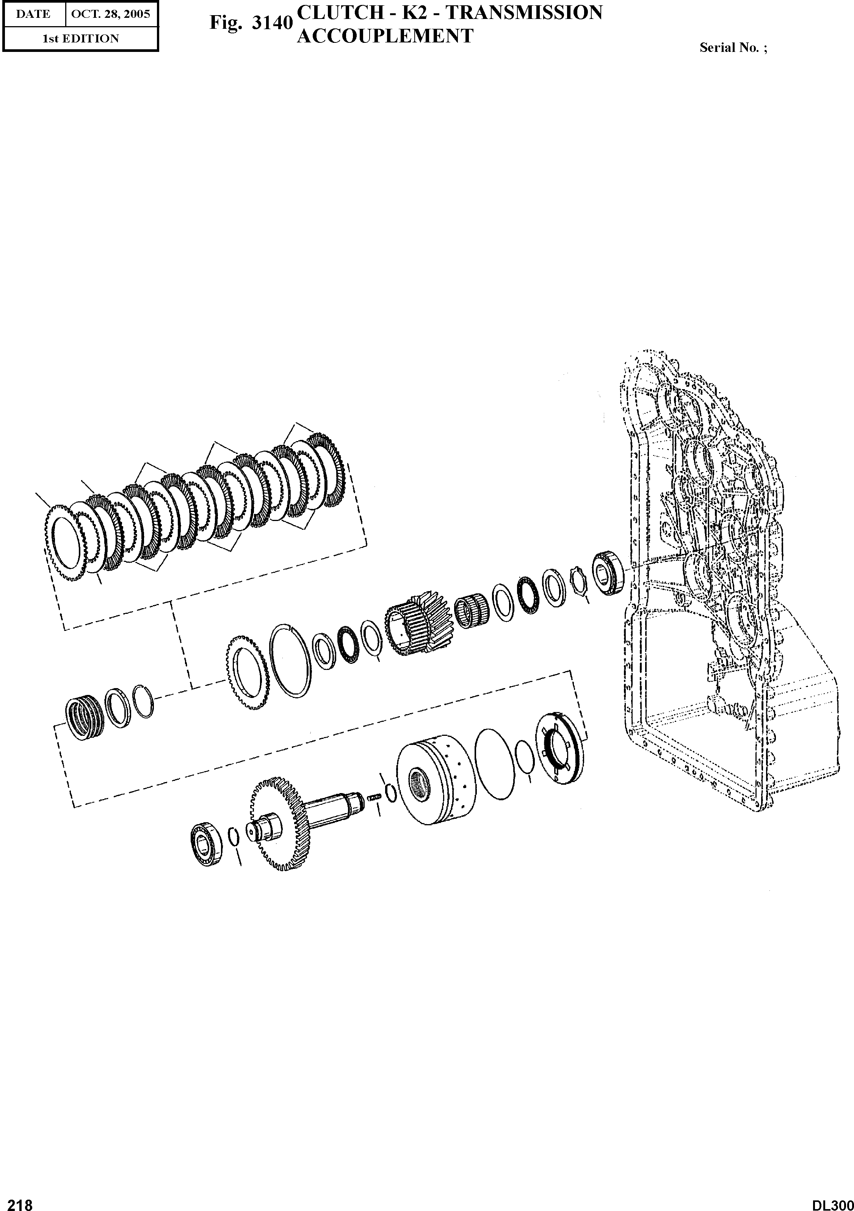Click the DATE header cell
[33, 14]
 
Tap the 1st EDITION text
[81, 39]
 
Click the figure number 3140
[272, 23]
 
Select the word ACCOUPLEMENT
[385, 36]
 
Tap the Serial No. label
[733, 47]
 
